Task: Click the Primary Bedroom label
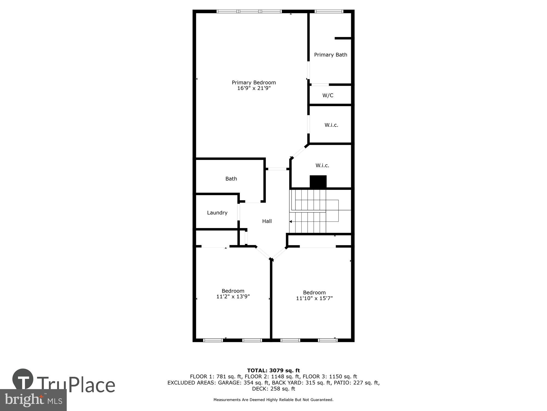pos(254,82)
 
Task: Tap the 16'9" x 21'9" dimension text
pos(254,88)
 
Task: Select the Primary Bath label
pos(330,55)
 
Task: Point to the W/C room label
pos(328,95)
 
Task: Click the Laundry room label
pos(217,213)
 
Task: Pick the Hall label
pos(267,221)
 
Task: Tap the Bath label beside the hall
pos(231,179)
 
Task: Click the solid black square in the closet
pos(318,182)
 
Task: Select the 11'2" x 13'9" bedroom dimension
pos(233,296)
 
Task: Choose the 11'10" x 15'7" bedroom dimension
pos(314,298)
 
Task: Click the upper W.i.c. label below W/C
pos(331,125)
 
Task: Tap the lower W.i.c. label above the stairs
pos(322,165)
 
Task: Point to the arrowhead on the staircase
pos(291,221)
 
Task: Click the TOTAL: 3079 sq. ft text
pos(273,370)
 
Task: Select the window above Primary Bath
pos(328,12)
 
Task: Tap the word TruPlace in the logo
pos(76,385)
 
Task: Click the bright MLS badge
pos(33,400)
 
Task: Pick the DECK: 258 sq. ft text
pos(273,389)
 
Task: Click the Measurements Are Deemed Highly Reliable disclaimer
pos(273,400)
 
